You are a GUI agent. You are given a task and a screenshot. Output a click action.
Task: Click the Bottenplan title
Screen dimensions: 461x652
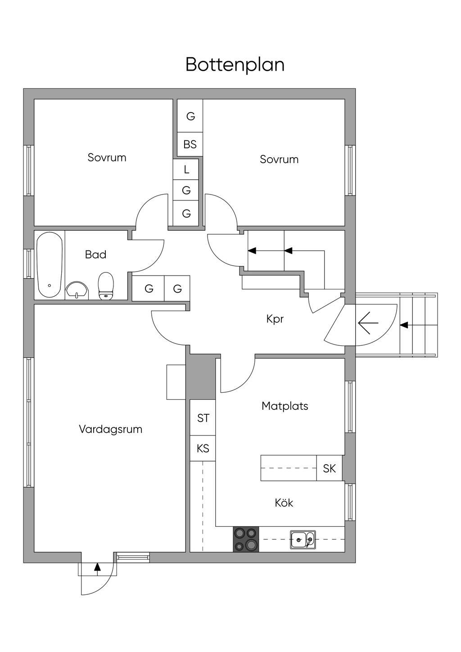click(235, 65)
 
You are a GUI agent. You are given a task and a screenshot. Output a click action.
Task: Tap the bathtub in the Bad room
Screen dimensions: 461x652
click(50, 265)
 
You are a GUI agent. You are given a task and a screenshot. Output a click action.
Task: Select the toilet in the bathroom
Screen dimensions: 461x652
click(106, 286)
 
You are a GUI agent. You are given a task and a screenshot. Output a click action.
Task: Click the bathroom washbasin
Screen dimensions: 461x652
click(77, 290)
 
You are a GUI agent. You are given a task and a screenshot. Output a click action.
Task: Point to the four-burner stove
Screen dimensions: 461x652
click(246, 539)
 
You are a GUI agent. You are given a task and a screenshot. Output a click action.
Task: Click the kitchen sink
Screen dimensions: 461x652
click(303, 540)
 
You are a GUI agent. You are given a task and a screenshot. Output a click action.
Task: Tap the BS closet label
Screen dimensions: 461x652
click(190, 145)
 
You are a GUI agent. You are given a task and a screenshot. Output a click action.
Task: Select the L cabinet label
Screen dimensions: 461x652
click(186, 169)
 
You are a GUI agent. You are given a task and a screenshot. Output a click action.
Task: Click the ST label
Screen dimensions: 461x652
click(203, 418)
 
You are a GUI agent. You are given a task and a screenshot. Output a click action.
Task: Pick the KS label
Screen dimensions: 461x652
click(203, 448)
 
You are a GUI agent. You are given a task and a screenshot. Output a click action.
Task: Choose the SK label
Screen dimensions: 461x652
click(330, 469)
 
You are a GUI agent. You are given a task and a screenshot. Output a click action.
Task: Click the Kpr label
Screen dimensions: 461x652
click(275, 319)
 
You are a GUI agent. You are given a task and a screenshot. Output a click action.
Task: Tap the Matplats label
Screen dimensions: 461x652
click(285, 406)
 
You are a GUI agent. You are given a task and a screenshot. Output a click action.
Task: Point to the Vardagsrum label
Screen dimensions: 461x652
click(111, 430)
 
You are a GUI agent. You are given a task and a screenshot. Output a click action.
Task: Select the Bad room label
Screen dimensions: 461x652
click(96, 255)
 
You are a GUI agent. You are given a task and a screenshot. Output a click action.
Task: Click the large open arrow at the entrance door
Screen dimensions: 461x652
click(368, 323)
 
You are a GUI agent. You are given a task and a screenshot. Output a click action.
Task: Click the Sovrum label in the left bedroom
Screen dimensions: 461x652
click(107, 158)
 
